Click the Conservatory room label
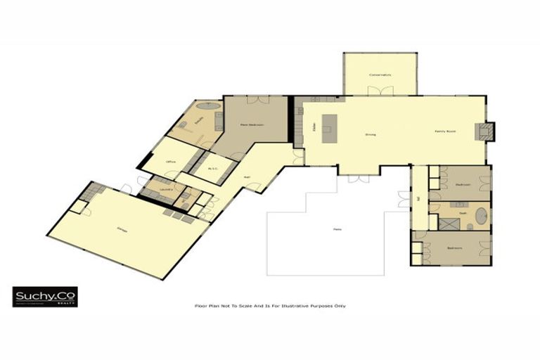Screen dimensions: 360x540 pyautogui.click(x=380, y=75)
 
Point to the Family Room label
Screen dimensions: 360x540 pyautogui.click(x=446, y=131)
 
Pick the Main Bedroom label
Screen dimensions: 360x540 pyautogui.click(x=252, y=124)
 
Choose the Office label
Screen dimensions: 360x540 pyautogui.click(x=170, y=162)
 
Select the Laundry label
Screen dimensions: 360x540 pyautogui.click(x=166, y=189)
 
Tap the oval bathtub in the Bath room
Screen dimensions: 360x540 pyautogui.click(x=482, y=214)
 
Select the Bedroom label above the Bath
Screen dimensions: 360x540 pyautogui.click(x=462, y=184)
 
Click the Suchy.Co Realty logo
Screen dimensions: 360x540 pyautogui.click(x=45, y=297)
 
